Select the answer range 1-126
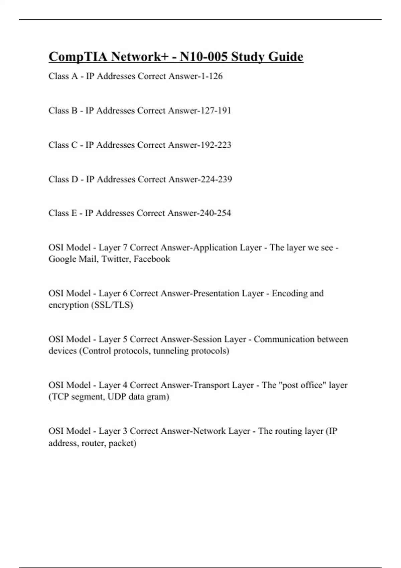pyautogui.click(x=212, y=77)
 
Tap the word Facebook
pyautogui.click(x=152, y=259)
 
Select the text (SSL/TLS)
pyautogui.click(x=112, y=305)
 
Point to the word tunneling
pyautogui.click(x=170, y=351)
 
